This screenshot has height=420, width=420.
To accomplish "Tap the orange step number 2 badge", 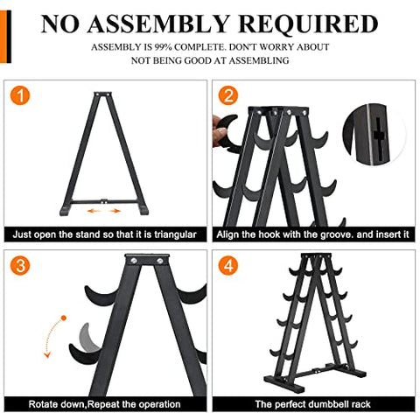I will coord(230,94).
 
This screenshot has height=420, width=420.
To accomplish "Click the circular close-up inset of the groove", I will coord(374,136).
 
